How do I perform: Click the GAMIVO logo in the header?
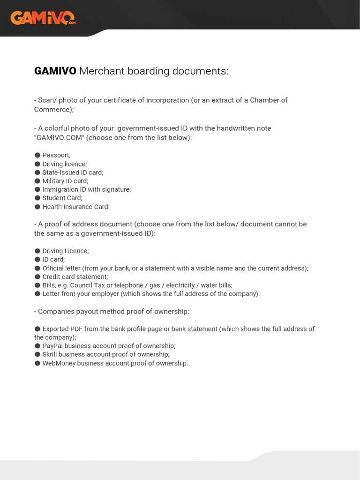pyautogui.click(x=43, y=18)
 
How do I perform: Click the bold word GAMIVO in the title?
pyautogui.click(x=55, y=71)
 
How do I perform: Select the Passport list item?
pyautogui.click(x=56, y=155)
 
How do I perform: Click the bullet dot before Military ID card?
pyautogui.click(x=37, y=181)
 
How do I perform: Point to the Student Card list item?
pyautogui.click(x=62, y=198)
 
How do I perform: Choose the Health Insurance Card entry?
pyautogui.click(x=76, y=207)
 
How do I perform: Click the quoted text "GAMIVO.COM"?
pyautogui.click(x=60, y=137)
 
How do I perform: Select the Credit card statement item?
pyautogui.click(x=75, y=277)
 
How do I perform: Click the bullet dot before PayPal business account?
pyautogui.click(x=37, y=346)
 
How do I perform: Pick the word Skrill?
pyautogui.click(x=50, y=354)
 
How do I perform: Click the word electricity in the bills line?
pyautogui.click(x=181, y=285)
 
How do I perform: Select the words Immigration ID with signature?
pyautogui.click(x=86, y=189)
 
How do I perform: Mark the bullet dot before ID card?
pyautogui.click(x=37, y=259)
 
